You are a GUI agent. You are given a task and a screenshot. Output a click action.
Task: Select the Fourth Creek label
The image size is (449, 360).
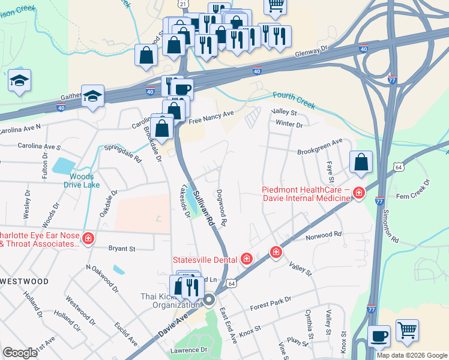[294, 100]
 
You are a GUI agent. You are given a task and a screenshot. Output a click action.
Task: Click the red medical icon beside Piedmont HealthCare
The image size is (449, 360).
[359, 193]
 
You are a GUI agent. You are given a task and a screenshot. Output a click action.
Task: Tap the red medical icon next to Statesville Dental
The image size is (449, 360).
[246, 259]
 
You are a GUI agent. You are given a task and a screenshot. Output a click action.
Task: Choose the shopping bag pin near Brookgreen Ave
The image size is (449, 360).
[361, 162]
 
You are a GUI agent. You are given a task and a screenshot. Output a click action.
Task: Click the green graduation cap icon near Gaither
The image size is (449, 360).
[92, 95]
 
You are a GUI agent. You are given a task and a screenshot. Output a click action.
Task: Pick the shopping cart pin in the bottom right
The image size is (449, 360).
[407, 329]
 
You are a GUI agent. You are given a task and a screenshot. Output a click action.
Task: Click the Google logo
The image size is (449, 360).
[20, 353]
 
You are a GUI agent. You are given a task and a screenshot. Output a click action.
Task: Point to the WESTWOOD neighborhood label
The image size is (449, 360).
[25, 281]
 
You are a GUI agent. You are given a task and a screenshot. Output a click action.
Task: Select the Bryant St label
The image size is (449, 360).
[122, 248]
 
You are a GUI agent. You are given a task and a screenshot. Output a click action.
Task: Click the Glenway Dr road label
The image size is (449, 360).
[312, 53]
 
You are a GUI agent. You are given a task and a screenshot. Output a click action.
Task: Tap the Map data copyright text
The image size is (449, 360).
[412, 355]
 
